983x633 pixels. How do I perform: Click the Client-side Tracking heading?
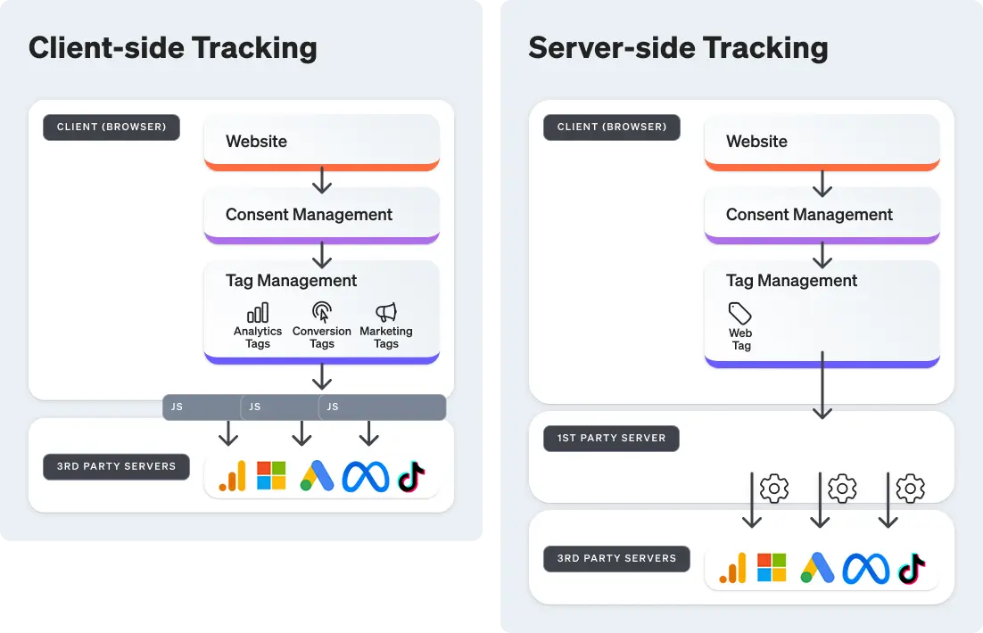(172, 47)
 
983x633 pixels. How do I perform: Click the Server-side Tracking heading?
(678, 47)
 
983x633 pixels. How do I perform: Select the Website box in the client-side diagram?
(321, 141)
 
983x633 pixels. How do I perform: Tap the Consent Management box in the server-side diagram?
(822, 215)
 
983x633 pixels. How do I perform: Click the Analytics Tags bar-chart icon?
(258, 313)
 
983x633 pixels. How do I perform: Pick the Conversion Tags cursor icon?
(322, 313)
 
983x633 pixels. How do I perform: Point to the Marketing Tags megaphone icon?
(386, 312)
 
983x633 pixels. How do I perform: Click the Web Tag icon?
(740, 314)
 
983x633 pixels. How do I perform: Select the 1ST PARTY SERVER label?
(611, 438)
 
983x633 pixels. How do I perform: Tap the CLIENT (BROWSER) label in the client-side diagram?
(112, 127)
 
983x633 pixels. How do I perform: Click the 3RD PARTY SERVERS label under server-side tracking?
(616, 558)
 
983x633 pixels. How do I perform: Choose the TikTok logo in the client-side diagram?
(411, 476)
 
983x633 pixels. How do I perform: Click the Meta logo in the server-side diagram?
(866, 568)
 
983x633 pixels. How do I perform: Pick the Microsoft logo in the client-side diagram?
(271, 476)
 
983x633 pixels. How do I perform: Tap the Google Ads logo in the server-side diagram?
(817, 568)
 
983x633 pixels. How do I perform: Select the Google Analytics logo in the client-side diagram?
(232, 476)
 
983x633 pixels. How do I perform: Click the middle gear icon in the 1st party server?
(842, 489)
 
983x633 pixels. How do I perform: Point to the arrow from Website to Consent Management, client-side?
(322, 179)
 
